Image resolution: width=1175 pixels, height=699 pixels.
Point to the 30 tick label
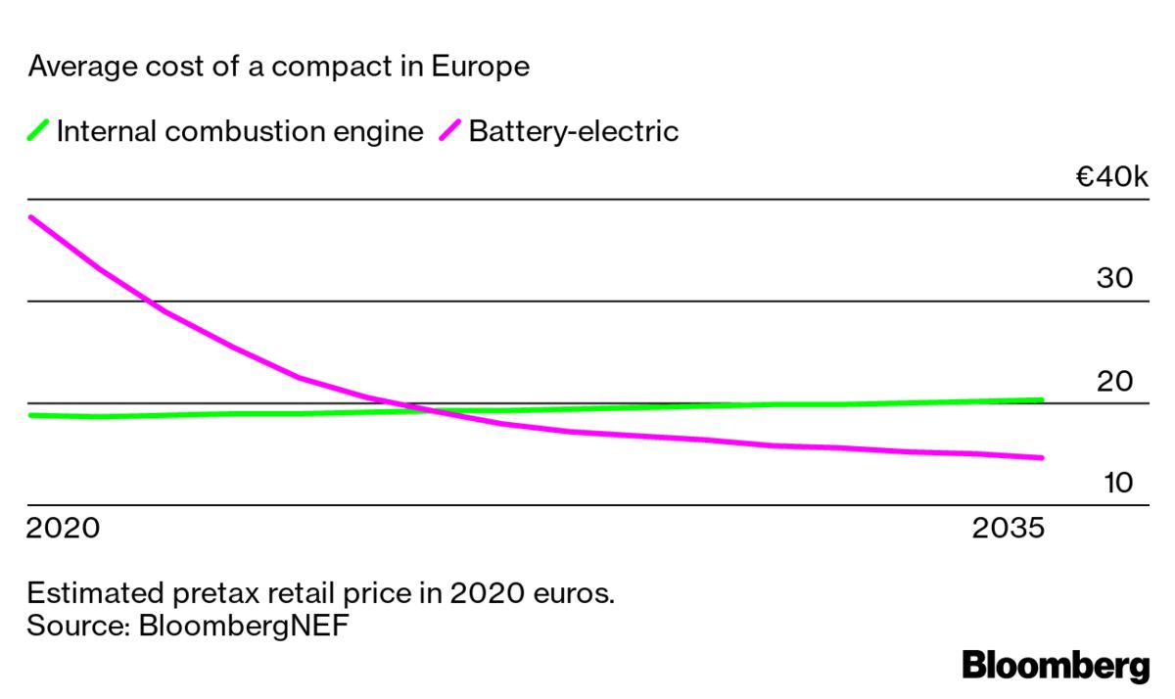[x=1114, y=278]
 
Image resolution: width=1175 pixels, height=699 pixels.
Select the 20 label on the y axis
[x=1114, y=381]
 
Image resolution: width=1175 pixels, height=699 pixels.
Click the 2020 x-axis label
[x=63, y=529]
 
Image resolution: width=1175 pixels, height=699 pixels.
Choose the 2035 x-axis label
[x=1009, y=529]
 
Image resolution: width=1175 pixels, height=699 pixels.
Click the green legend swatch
[x=38, y=130]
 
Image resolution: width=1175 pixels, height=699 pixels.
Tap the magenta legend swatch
[x=449, y=130]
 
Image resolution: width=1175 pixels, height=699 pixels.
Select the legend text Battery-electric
[x=573, y=131]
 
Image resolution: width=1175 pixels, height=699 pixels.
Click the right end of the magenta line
[x=1041, y=457]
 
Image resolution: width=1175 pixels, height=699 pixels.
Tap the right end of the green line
[x=1041, y=399]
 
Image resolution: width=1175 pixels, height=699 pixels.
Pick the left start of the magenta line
[x=30, y=216]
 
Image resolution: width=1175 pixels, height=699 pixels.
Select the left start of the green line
[x=30, y=415]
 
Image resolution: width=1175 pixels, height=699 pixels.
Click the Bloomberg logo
[x=1056, y=665]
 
